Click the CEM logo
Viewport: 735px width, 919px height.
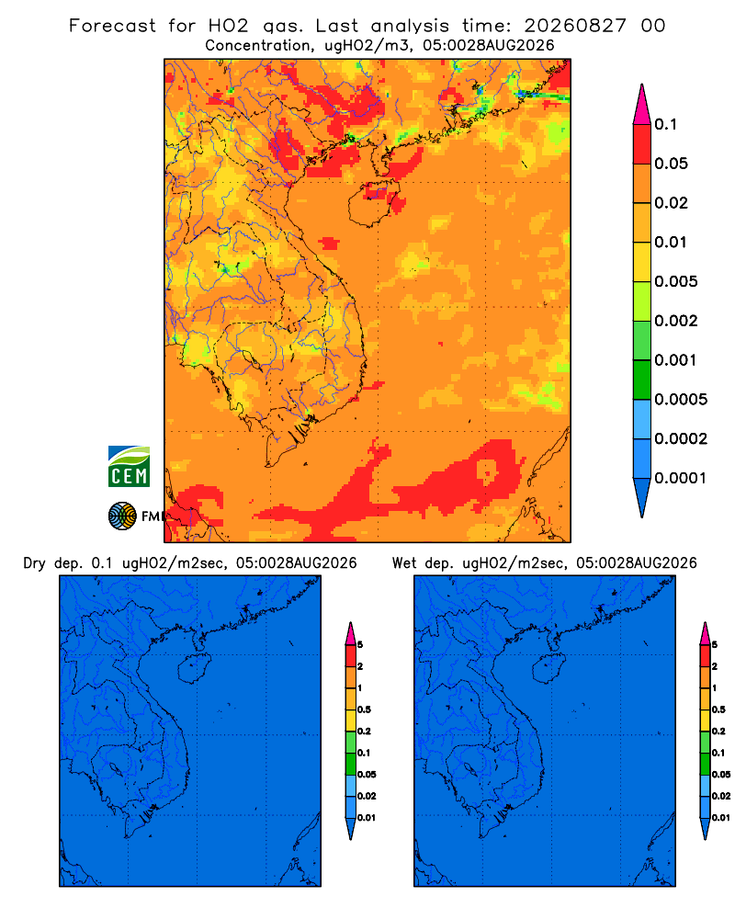[x=129, y=467]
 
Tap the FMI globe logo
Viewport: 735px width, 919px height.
[x=122, y=516]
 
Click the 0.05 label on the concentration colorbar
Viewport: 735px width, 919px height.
[x=671, y=164]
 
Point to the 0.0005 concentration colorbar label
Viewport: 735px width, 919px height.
[x=681, y=400]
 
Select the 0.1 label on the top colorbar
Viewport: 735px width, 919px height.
[x=666, y=124]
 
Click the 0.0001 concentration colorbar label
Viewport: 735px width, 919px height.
[x=681, y=478]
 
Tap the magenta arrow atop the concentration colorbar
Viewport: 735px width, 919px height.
[x=642, y=104]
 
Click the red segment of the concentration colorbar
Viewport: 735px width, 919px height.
[x=642, y=144]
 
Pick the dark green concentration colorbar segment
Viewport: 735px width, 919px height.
[x=642, y=380]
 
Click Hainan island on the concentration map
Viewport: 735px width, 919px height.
[x=374, y=203]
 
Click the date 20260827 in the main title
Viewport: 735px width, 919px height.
[x=575, y=26]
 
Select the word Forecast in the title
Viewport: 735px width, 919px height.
[x=112, y=26]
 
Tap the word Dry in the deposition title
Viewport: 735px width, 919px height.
[x=35, y=563]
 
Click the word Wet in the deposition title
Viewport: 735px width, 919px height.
[x=405, y=563]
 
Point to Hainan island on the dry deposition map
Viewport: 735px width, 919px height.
[x=195, y=669]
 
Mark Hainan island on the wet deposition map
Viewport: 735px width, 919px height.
[x=549, y=669]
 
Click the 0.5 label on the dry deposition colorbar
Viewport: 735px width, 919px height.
[x=364, y=709]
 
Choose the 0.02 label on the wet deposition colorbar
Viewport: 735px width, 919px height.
[x=721, y=796]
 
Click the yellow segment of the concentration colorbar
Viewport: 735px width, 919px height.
[x=642, y=262]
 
